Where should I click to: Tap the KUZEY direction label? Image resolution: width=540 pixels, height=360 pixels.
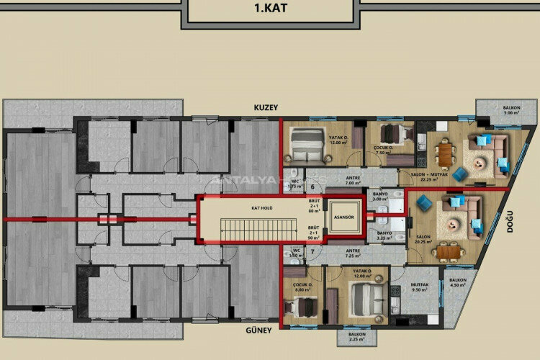point(266,107)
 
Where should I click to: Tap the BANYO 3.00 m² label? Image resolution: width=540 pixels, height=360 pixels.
point(381,196)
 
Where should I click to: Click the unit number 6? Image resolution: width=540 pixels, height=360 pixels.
point(312,186)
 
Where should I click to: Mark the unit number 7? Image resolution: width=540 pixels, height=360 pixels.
point(312,251)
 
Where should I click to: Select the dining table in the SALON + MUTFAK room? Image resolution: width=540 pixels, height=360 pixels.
point(446,150)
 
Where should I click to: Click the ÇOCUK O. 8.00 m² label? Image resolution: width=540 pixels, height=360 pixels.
point(304,288)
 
